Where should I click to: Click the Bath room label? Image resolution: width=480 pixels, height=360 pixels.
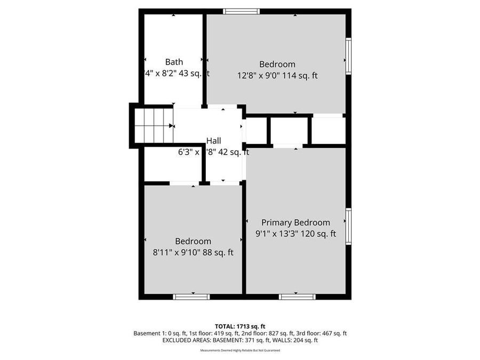(x=174, y=62)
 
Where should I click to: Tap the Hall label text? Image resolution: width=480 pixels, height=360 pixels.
(x=214, y=141)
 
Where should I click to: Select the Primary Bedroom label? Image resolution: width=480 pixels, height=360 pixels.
(x=295, y=222)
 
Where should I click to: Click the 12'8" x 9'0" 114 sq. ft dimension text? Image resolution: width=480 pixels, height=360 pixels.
(x=277, y=76)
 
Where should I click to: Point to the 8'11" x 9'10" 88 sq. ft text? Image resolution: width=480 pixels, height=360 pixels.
(x=193, y=253)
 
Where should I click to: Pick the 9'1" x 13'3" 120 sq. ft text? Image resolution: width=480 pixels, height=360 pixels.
(x=295, y=234)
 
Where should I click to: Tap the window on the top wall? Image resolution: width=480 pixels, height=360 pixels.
(x=241, y=11)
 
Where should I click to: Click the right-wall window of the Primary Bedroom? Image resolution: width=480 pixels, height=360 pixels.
(x=348, y=226)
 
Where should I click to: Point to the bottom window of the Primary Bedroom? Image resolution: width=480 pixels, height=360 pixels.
(x=297, y=297)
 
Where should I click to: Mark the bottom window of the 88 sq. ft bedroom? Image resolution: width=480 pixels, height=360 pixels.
(x=191, y=297)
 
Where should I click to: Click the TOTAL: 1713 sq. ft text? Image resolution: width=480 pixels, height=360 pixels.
(x=239, y=326)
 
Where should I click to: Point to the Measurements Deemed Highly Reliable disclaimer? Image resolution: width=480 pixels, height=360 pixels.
(x=239, y=350)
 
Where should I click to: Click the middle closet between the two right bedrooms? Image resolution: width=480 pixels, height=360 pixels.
(x=290, y=131)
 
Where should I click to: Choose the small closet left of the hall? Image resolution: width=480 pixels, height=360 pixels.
(x=172, y=166)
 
